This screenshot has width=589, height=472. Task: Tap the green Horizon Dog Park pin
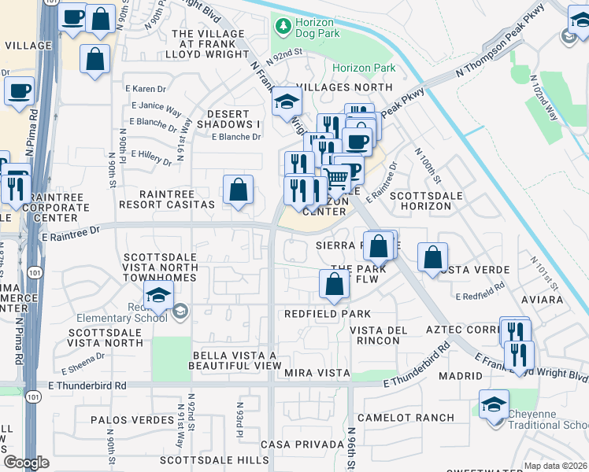[x=283, y=26]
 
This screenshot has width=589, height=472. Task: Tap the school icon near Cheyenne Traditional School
[x=494, y=405]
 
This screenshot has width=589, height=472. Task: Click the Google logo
[x=26, y=463]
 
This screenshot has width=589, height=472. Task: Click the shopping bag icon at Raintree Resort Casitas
[x=238, y=190]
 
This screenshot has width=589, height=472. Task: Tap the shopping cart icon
[x=336, y=179]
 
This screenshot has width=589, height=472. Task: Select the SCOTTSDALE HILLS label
[x=213, y=459]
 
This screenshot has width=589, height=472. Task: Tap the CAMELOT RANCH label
[x=406, y=417]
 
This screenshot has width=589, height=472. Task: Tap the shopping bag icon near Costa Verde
[x=432, y=256]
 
